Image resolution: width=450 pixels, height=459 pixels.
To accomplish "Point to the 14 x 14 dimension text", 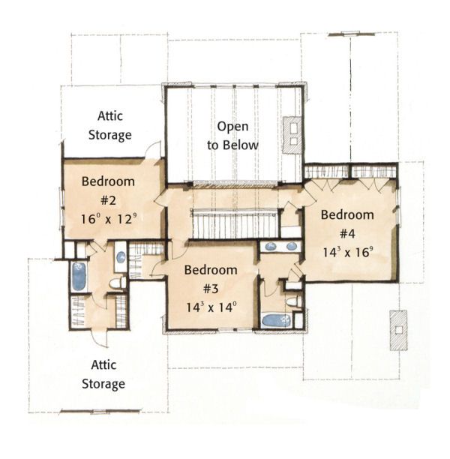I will (x=211, y=307).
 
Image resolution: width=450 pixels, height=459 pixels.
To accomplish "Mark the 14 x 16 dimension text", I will (x=347, y=252).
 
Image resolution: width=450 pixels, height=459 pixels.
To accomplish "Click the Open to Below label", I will (x=232, y=136).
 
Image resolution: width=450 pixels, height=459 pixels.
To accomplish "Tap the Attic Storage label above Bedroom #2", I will (x=114, y=126).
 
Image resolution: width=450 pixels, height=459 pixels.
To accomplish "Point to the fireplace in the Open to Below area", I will (x=291, y=134).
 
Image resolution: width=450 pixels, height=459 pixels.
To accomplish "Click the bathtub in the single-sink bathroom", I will (x=79, y=276).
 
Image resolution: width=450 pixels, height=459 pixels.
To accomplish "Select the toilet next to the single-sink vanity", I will (x=117, y=283).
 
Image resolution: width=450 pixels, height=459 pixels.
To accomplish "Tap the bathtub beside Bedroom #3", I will (x=275, y=320).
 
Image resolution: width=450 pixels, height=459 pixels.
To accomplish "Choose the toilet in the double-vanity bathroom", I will (x=294, y=301).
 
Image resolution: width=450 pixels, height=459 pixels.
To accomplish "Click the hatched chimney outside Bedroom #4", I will (x=397, y=330).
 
